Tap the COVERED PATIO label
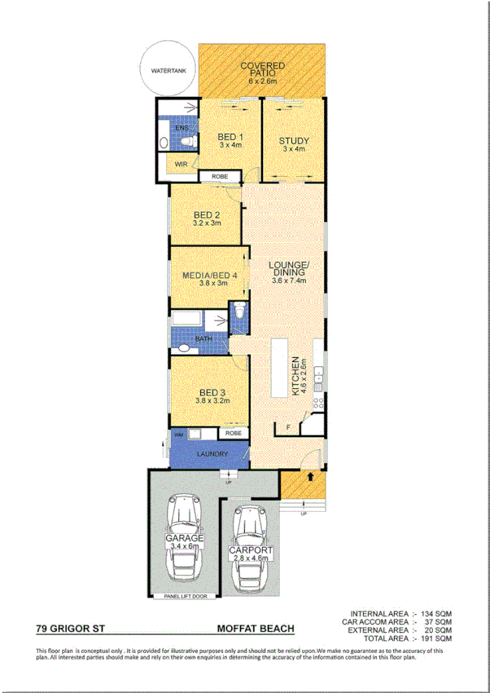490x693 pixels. click(x=262, y=69)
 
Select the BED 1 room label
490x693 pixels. click(x=231, y=137)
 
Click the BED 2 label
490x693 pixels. click(x=206, y=215)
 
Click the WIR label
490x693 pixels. click(x=181, y=164)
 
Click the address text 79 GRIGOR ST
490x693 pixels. click(x=69, y=629)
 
